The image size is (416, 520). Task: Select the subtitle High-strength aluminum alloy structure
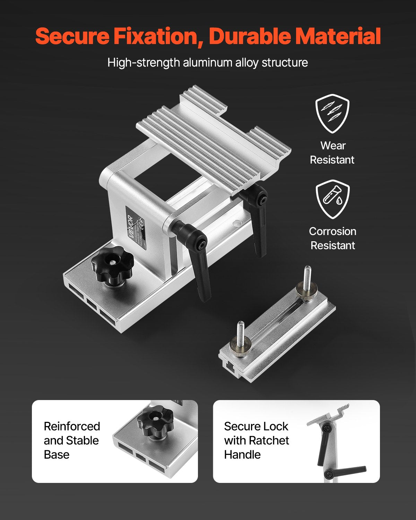tap(208, 63)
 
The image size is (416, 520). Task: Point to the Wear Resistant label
tap(332, 153)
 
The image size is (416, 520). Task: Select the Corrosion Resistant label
tap(332, 238)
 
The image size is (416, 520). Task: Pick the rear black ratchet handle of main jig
tap(258, 215)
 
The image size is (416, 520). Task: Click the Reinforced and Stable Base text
tap(72, 440)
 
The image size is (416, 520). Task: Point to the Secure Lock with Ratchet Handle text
tap(256, 440)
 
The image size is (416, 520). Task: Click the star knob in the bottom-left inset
tap(155, 422)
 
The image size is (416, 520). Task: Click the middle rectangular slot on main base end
tap(92, 304)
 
